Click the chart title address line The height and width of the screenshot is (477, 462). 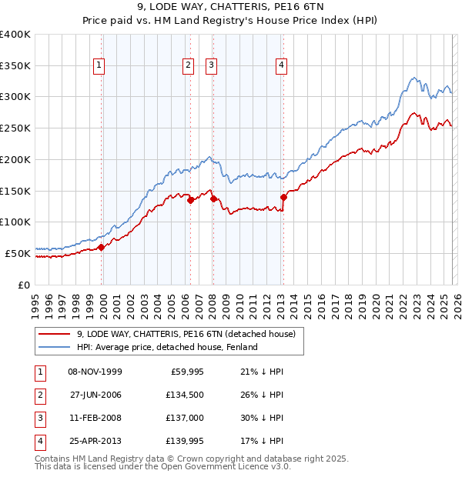[x=230, y=8]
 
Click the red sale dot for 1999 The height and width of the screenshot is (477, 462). [x=102, y=247]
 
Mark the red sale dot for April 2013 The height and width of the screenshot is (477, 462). [x=283, y=197]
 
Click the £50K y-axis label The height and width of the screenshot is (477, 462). [x=18, y=252]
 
